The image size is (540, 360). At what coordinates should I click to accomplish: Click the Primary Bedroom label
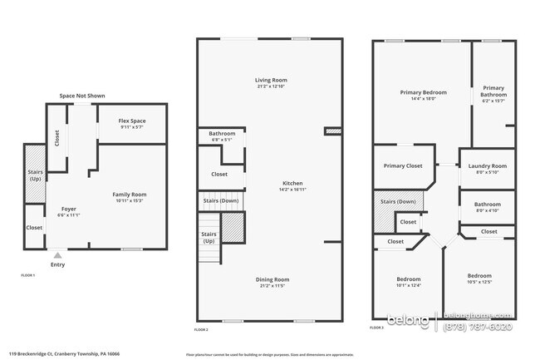click(423, 92)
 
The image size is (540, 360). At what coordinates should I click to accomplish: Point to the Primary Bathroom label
click(493, 91)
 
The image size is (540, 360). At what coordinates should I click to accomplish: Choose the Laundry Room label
click(487, 165)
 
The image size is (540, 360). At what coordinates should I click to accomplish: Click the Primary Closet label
click(402, 165)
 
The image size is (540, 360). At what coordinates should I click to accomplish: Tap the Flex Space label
click(133, 120)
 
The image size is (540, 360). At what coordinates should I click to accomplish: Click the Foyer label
click(69, 208)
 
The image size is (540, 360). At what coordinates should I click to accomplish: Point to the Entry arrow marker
click(56, 255)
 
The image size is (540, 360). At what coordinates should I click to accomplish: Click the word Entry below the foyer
click(56, 264)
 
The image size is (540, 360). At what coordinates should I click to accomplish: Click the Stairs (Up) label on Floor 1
click(35, 175)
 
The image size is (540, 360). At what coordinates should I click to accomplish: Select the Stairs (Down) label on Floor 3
click(398, 201)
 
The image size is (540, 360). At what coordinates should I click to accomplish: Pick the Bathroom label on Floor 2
click(222, 134)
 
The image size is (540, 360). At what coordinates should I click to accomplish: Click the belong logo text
click(412, 318)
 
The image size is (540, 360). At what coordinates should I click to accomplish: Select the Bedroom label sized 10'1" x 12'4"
click(408, 279)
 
